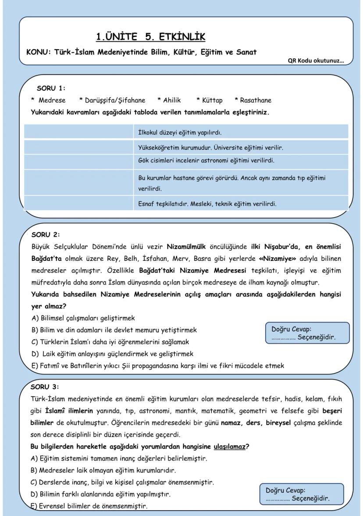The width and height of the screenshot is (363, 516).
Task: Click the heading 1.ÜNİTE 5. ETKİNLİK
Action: click(150, 36)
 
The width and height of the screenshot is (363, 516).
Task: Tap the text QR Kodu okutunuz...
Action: click(316, 61)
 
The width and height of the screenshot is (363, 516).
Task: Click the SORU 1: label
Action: click(51, 88)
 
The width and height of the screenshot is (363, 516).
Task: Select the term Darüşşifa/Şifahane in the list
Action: click(112, 100)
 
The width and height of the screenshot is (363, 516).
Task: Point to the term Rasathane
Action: click(253, 100)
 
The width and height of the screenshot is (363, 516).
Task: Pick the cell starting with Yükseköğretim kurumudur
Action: click(211, 148)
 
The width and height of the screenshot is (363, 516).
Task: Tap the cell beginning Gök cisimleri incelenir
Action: click(206, 160)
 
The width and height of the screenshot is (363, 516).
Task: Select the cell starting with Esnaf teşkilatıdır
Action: click(207, 203)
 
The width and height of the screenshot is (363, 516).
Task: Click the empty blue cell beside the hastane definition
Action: click(78, 182)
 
